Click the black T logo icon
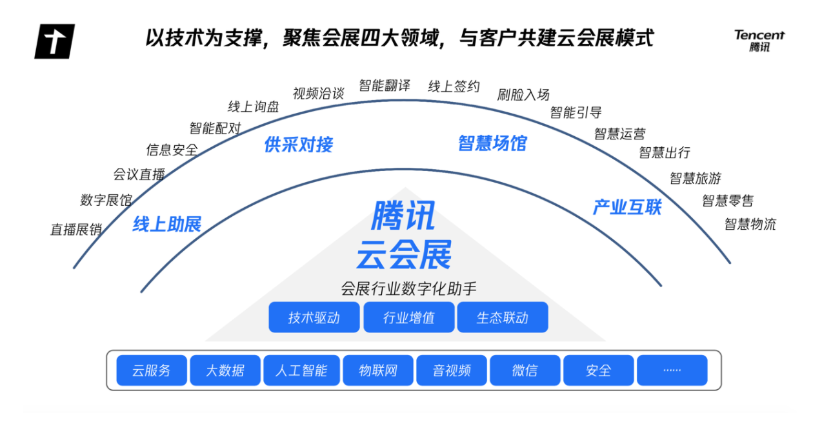click(54, 41)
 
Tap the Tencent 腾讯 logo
click(759, 41)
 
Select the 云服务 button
click(152, 370)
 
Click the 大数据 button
click(225, 370)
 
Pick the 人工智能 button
click(301, 370)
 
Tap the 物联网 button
click(378, 370)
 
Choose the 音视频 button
click(452, 370)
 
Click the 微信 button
click(525, 370)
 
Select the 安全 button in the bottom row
click(598, 370)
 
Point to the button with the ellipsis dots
click(672, 370)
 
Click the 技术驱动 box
click(314, 318)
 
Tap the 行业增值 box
click(408, 318)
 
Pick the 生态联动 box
click(503, 318)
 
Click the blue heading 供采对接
click(299, 144)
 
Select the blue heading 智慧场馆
click(492, 143)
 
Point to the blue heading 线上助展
click(167, 225)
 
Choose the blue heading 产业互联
click(627, 207)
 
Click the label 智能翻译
click(385, 86)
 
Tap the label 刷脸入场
click(523, 95)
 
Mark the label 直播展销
click(76, 229)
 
